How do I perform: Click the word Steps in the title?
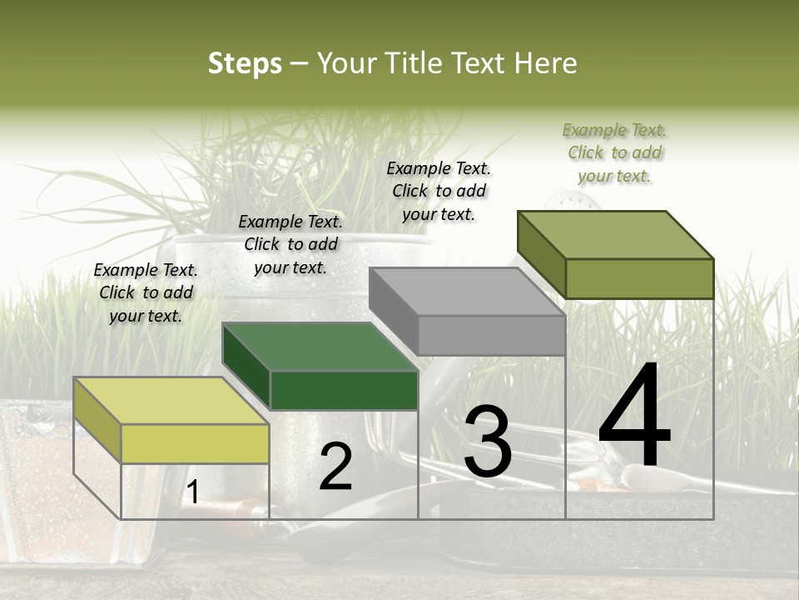[x=245, y=63]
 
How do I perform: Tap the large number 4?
[x=634, y=417]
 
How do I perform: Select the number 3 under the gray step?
[x=488, y=442]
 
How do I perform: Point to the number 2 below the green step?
[x=335, y=467]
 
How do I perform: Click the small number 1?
[x=192, y=492]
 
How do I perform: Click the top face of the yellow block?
[x=171, y=400]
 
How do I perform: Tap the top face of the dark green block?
[x=320, y=347]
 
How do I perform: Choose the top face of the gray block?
[x=467, y=292]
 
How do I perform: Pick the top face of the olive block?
[x=616, y=234]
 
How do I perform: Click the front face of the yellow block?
[x=195, y=443]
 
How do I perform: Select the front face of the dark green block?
[x=344, y=390]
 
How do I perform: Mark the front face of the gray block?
[x=491, y=335]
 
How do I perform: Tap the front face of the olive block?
[x=639, y=278]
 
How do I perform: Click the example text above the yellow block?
[x=146, y=292]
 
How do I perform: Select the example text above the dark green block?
[x=290, y=244]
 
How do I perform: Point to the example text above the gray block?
[x=439, y=191]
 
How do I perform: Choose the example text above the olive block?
[x=614, y=152]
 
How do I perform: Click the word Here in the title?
[x=548, y=63]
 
